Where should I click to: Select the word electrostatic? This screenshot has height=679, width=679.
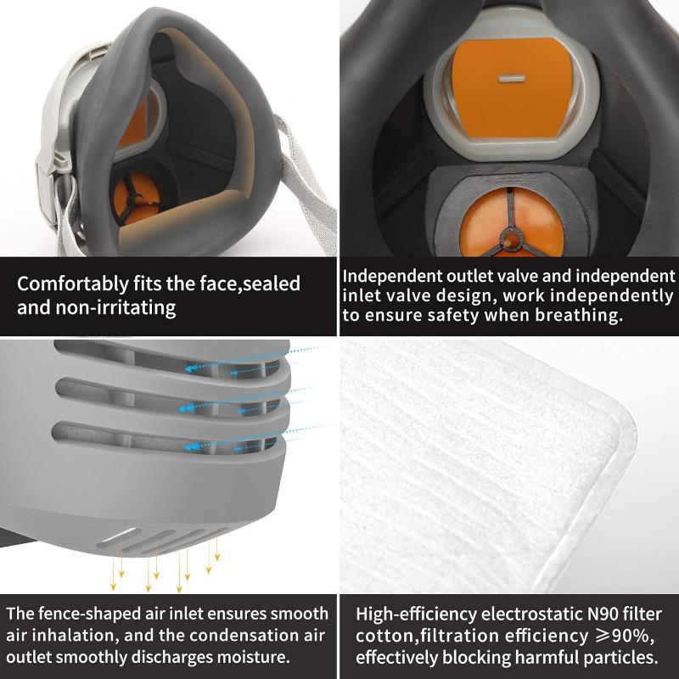coord(532,614)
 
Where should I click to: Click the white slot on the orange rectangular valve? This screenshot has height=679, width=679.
coord(510,78)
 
